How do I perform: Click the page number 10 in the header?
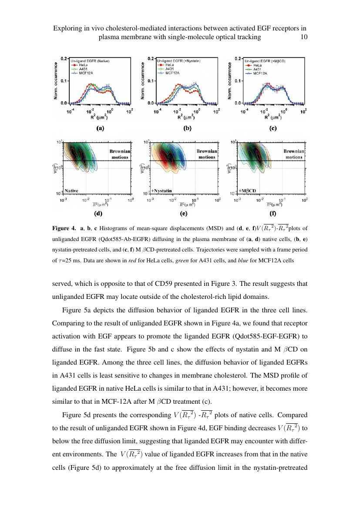[304, 37]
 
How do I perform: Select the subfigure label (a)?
[100, 129]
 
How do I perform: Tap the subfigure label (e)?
[184, 214]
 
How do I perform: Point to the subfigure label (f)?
[273, 214]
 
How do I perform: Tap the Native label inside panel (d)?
[72, 191]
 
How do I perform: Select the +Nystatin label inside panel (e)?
[162, 191]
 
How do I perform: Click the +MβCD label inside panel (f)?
[248, 191]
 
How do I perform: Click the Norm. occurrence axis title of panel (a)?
[56, 81]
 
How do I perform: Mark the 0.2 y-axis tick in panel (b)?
[150, 58]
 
